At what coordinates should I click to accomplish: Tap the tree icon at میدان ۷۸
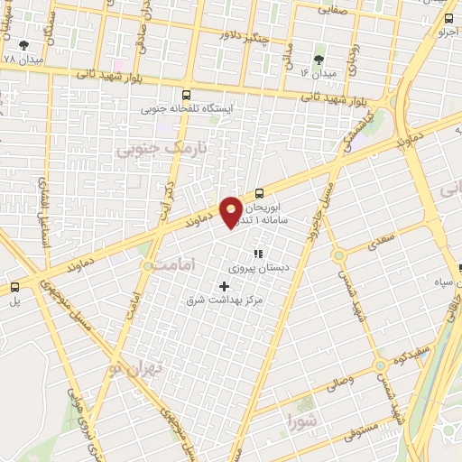[23, 43]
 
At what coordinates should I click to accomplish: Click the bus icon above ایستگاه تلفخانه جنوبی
[187, 95]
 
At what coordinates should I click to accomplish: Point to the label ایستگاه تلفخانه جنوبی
[187, 109]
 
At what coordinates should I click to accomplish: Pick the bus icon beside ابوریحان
[260, 192]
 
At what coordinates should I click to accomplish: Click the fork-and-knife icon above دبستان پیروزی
[257, 254]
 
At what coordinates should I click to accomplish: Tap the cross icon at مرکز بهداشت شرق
[225, 286]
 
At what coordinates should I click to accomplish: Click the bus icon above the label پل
[14, 287]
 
